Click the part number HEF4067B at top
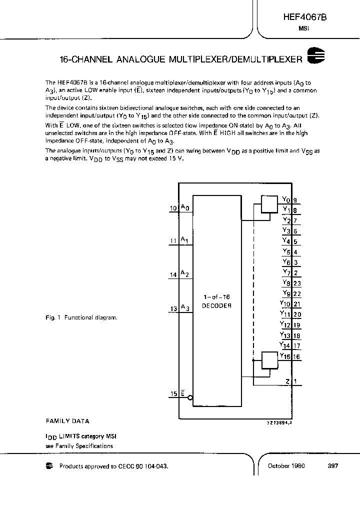click(x=304, y=17)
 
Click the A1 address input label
click(x=184, y=240)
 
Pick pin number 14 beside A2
click(x=173, y=274)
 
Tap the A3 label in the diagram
click(x=184, y=307)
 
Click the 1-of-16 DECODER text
click(x=216, y=300)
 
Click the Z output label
click(x=288, y=381)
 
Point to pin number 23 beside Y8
click(x=297, y=283)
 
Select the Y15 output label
click(x=285, y=356)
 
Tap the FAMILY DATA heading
click(x=67, y=421)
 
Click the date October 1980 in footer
click(x=286, y=465)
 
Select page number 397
click(x=333, y=465)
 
